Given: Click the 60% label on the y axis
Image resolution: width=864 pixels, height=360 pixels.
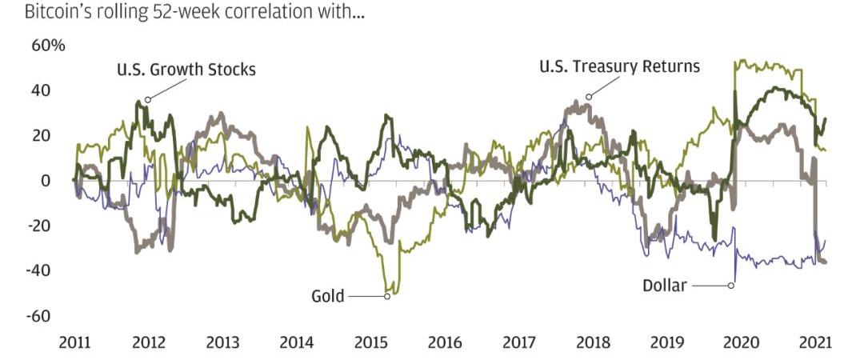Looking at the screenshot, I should point(48,46).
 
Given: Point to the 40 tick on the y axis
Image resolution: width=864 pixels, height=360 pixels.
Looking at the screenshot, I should point(41,90).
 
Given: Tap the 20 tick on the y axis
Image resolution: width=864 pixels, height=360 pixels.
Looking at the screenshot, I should point(41,135).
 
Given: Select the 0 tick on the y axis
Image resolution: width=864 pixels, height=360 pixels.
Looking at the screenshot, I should point(45,181).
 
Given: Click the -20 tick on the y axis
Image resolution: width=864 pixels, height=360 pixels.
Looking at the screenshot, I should point(38,226).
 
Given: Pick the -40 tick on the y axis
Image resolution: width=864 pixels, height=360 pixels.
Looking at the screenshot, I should point(38,270).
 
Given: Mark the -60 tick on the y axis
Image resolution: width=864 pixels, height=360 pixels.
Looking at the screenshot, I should point(38,316).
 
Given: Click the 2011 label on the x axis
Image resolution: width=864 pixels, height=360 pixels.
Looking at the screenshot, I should point(75,343).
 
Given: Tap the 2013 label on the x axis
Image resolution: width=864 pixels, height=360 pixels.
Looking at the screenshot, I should point(222,343).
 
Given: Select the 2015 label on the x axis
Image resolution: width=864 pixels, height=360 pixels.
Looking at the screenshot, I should point(370,343).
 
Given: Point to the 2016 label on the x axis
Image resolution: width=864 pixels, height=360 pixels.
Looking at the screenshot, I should point(445,343).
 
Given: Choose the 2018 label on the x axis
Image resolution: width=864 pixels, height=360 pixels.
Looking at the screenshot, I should point(593,343).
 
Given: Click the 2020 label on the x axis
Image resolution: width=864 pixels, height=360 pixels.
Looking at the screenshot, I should point(741,343).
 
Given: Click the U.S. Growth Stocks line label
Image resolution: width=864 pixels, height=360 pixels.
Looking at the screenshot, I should point(186,70).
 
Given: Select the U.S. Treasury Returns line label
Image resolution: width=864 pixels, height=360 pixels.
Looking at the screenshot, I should point(619,66).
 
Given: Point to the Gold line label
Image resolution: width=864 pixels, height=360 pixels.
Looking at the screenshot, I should point(327,297).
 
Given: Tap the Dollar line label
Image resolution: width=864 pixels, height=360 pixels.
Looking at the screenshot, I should point(664,285).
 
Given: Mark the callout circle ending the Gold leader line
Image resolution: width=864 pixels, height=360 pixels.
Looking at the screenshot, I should point(387,297).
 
